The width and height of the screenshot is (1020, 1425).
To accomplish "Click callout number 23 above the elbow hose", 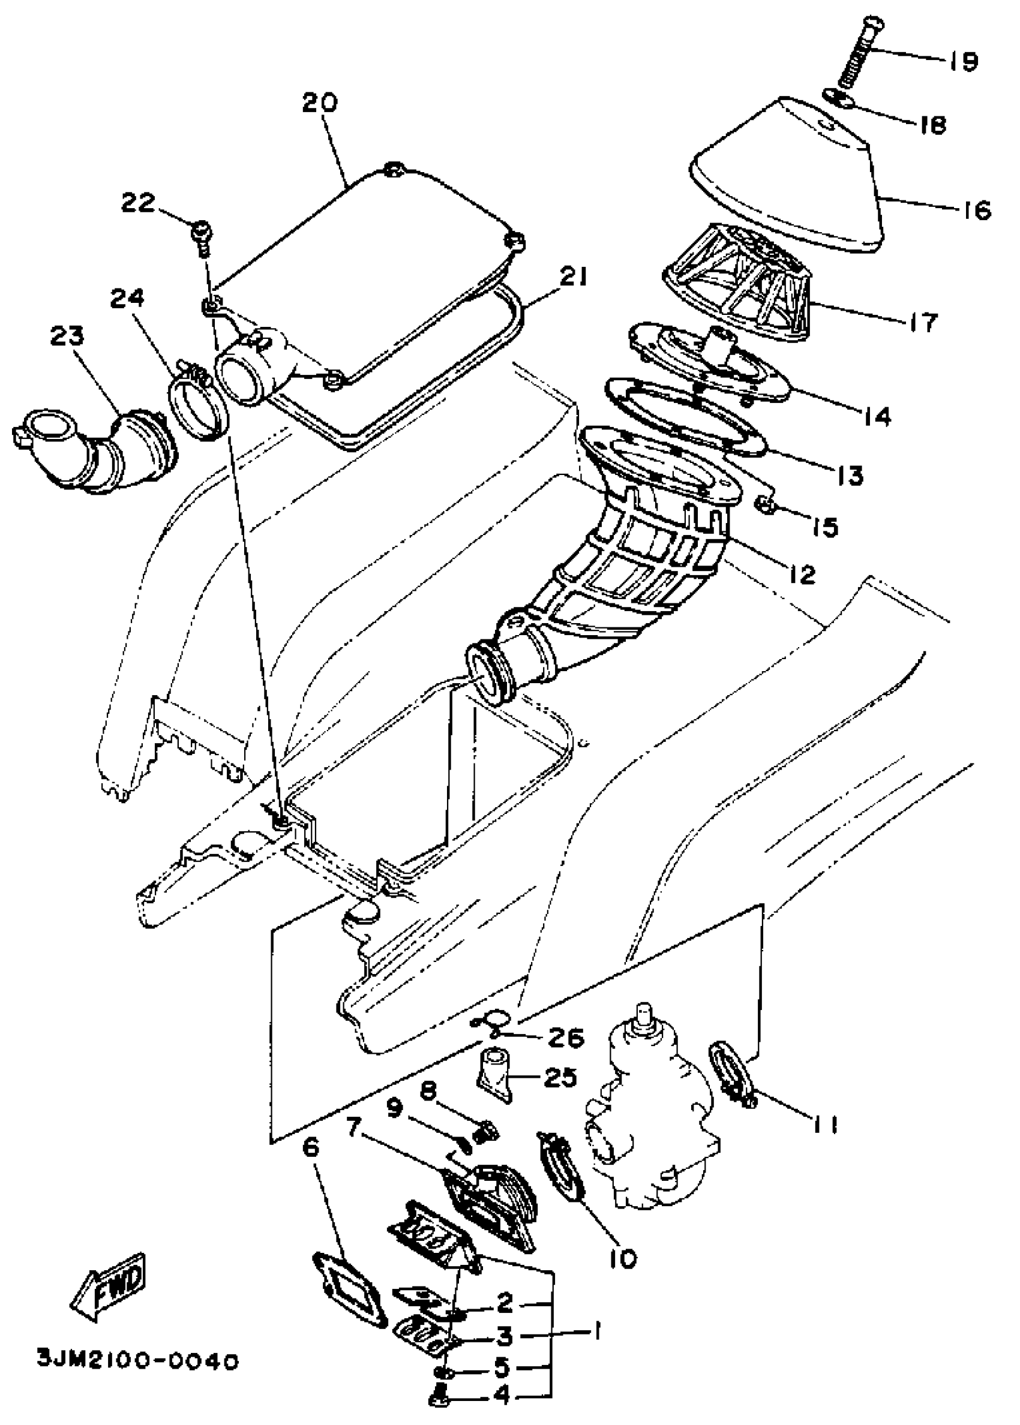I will (x=68, y=336).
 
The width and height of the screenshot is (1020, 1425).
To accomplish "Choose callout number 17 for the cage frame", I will (x=923, y=323).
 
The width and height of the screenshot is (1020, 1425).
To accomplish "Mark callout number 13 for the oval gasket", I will (x=849, y=475).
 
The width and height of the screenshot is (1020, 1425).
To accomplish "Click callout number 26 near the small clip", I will (x=566, y=1038).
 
